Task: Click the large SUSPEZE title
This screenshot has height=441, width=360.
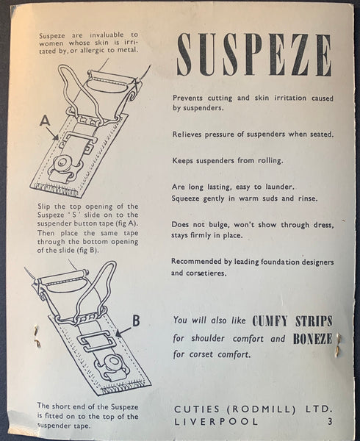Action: tap(254, 54)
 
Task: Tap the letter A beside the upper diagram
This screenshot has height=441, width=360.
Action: tap(45, 121)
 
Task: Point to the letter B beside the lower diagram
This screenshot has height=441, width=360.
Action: tap(136, 320)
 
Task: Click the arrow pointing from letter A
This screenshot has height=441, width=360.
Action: tap(53, 133)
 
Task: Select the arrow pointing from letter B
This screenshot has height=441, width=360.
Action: tap(123, 332)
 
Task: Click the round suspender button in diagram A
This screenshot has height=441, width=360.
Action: tap(60, 162)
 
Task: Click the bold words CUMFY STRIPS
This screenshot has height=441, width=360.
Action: tap(292, 321)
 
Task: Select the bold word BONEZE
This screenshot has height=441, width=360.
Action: tap(312, 339)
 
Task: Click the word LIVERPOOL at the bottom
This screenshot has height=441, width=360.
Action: tap(216, 422)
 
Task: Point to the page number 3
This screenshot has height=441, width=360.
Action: tap(330, 422)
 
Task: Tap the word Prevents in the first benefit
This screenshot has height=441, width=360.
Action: tap(189, 98)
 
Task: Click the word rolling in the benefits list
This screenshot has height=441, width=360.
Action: tap(270, 161)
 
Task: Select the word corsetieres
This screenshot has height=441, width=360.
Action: tap(206, 273)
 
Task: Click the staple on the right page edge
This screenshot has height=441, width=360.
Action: tap(338, 346)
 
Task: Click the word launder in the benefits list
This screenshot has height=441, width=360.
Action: tap(280, 187)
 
